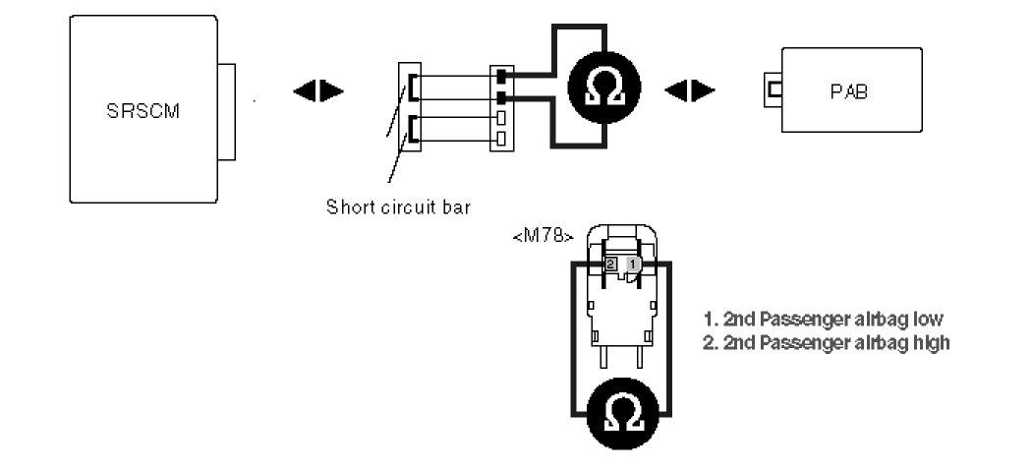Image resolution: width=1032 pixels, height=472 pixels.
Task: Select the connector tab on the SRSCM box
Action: click(227, 112)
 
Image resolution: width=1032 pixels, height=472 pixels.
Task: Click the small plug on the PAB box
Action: click(773, 90)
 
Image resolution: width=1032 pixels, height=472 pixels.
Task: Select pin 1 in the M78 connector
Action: click(634, 265)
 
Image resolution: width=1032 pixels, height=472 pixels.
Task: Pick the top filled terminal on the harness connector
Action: click(501, 76)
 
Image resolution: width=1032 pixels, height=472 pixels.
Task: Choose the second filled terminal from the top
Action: click(501, 97)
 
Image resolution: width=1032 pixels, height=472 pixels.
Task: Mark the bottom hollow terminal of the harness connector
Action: click(501, 138)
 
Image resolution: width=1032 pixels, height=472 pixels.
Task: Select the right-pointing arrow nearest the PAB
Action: click(705, 91)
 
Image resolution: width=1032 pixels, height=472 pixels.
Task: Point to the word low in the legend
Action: click(928, 320)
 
